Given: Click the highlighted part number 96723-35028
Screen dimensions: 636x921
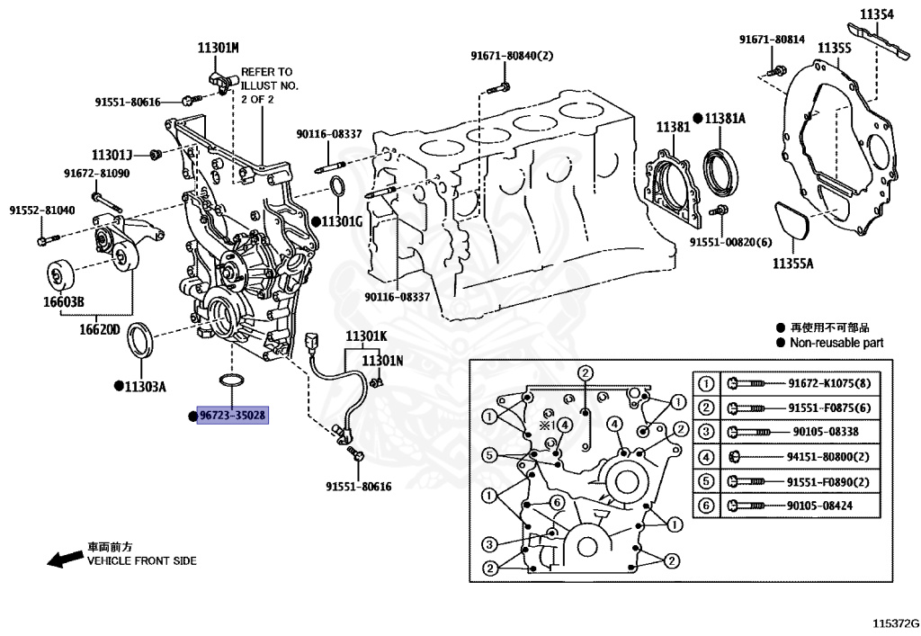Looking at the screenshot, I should coord(233,416).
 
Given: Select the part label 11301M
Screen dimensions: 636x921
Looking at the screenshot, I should coord(219,47).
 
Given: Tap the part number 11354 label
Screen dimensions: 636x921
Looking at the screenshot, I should coord(876,14).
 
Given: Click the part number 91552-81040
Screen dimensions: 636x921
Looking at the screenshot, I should coord(42,211).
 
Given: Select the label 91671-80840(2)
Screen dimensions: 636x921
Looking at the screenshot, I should coord(512,56).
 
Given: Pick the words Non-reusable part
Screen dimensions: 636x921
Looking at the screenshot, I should coord(836,343).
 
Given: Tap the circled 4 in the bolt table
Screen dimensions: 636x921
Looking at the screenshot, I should coord(706,457).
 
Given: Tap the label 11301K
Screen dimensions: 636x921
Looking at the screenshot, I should coord(366,336).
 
